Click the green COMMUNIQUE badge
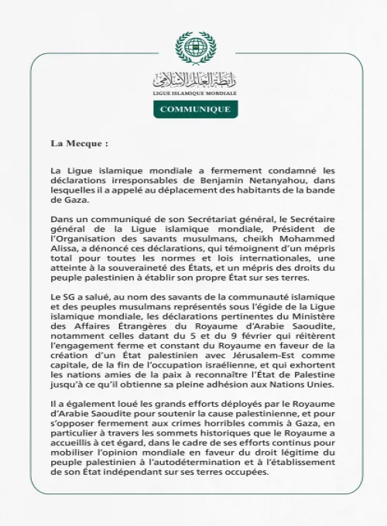click(194, 109)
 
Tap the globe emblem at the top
click(193, 48)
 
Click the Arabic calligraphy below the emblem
click(193, 78)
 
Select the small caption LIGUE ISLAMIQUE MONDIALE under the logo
click(193, 92)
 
